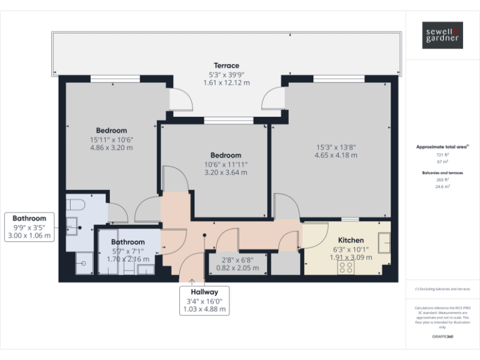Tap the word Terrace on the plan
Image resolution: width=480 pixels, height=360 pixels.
[x=226, y=66]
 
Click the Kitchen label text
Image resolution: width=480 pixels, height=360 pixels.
[x=351, y=240]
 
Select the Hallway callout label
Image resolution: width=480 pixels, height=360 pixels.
[x=204, y=292]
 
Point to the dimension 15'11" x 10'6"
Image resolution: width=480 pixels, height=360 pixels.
[x=111, y=139]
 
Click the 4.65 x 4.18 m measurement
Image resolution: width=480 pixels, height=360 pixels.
[x=336, y=155]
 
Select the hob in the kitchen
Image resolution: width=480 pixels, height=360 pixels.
[x=346, y=267]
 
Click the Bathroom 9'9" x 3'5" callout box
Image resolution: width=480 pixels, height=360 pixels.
[x=29, y=227]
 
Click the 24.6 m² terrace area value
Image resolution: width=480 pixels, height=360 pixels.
[x=442, y=186]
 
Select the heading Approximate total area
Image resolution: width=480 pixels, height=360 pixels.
[x=441, y=146]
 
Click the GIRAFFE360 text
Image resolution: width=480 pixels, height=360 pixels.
[x=442, y=337]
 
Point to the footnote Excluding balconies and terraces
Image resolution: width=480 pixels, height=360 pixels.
[x=442, y=289]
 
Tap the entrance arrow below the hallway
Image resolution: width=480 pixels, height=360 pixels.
[x=192, y=282]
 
